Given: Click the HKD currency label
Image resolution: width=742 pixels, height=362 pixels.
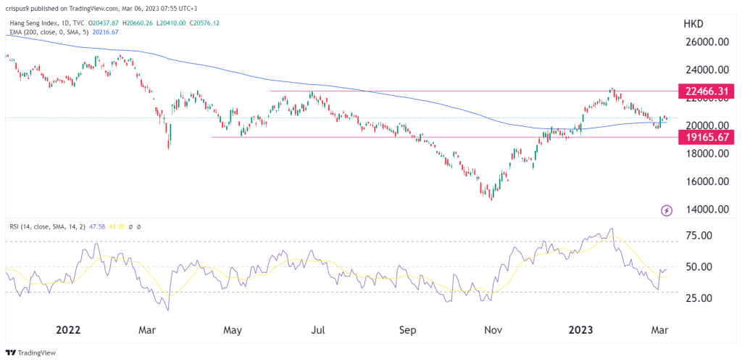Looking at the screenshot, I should click(694, 24).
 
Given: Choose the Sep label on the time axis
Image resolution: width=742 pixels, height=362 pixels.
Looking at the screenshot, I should click(408, 330).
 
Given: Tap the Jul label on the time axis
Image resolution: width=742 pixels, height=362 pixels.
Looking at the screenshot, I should click(318, 330).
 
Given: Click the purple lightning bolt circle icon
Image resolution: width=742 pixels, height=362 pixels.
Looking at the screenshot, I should click(667, 210).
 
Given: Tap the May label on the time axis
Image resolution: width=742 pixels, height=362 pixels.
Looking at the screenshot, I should click(232, 330).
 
